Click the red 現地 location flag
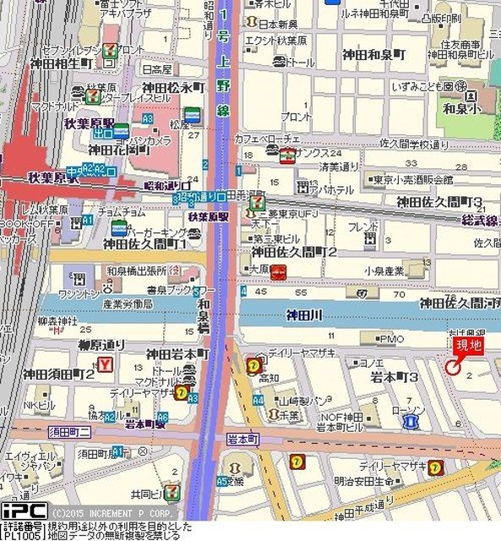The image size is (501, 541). [x=467, y=346]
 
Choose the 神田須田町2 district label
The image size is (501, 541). [x=58, y=373]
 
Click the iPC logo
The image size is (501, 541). [x=24, y=511]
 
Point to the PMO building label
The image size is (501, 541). [x=392, y=339]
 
